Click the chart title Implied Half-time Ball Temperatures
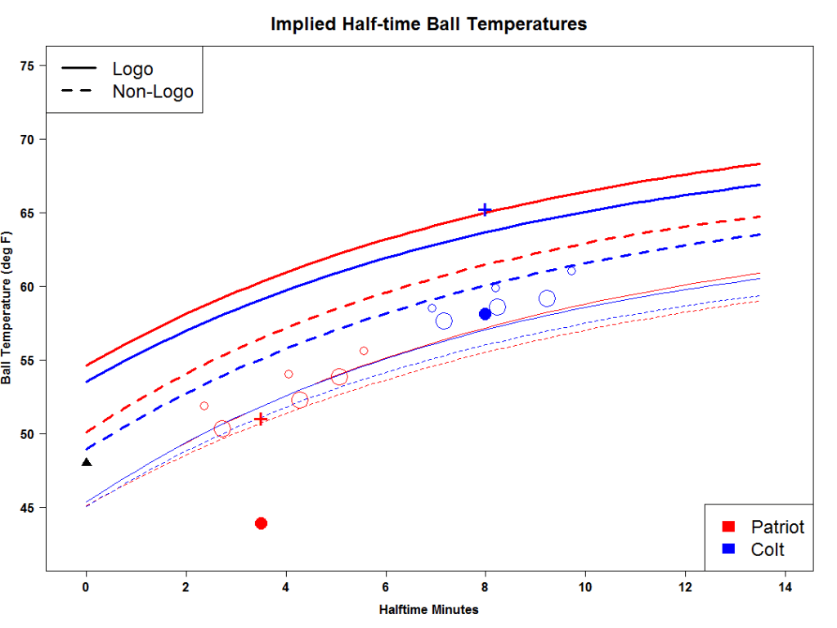click(x=428, y=24)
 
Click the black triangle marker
click(x=87, y=463)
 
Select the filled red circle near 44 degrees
click(x=262, y=523)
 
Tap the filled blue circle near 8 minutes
click(x=485, y=314)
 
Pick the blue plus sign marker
click(x=485, y=210)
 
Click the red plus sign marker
click(x=262, y=419)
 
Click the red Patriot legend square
click(x=730, y=527)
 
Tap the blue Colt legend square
click(x=730, y=549)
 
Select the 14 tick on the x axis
click(x=786, y=587)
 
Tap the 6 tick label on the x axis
click(x=386, y=587)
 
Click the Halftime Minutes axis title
click(x=428, y=610)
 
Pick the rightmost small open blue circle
click(x=571, y=271)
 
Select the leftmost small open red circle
click(x=204, y=406)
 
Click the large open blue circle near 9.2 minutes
click(x=548, y=298)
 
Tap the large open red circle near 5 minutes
click(x=339, y=377)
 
